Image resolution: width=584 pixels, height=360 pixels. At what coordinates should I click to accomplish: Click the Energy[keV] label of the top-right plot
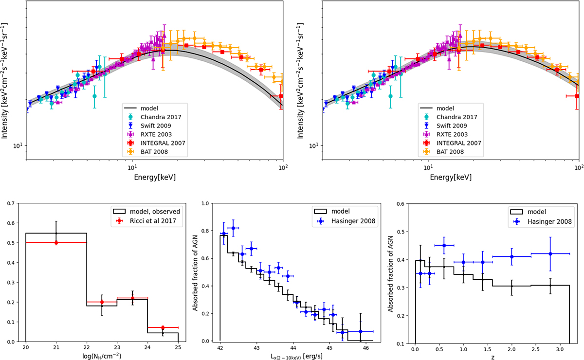(x=449, y=178)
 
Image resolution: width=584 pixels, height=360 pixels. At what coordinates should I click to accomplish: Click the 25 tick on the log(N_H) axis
(x=179, y=348)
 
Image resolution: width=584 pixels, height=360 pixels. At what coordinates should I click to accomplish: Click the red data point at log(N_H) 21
(x=56, y=243)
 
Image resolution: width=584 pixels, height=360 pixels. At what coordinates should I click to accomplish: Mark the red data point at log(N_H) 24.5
(x=163, y=327)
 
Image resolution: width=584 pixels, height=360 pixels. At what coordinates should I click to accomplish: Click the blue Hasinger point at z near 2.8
(x=550, y=253)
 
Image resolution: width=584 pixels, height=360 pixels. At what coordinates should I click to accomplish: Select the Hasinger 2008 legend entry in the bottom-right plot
(x=543, y=224)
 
